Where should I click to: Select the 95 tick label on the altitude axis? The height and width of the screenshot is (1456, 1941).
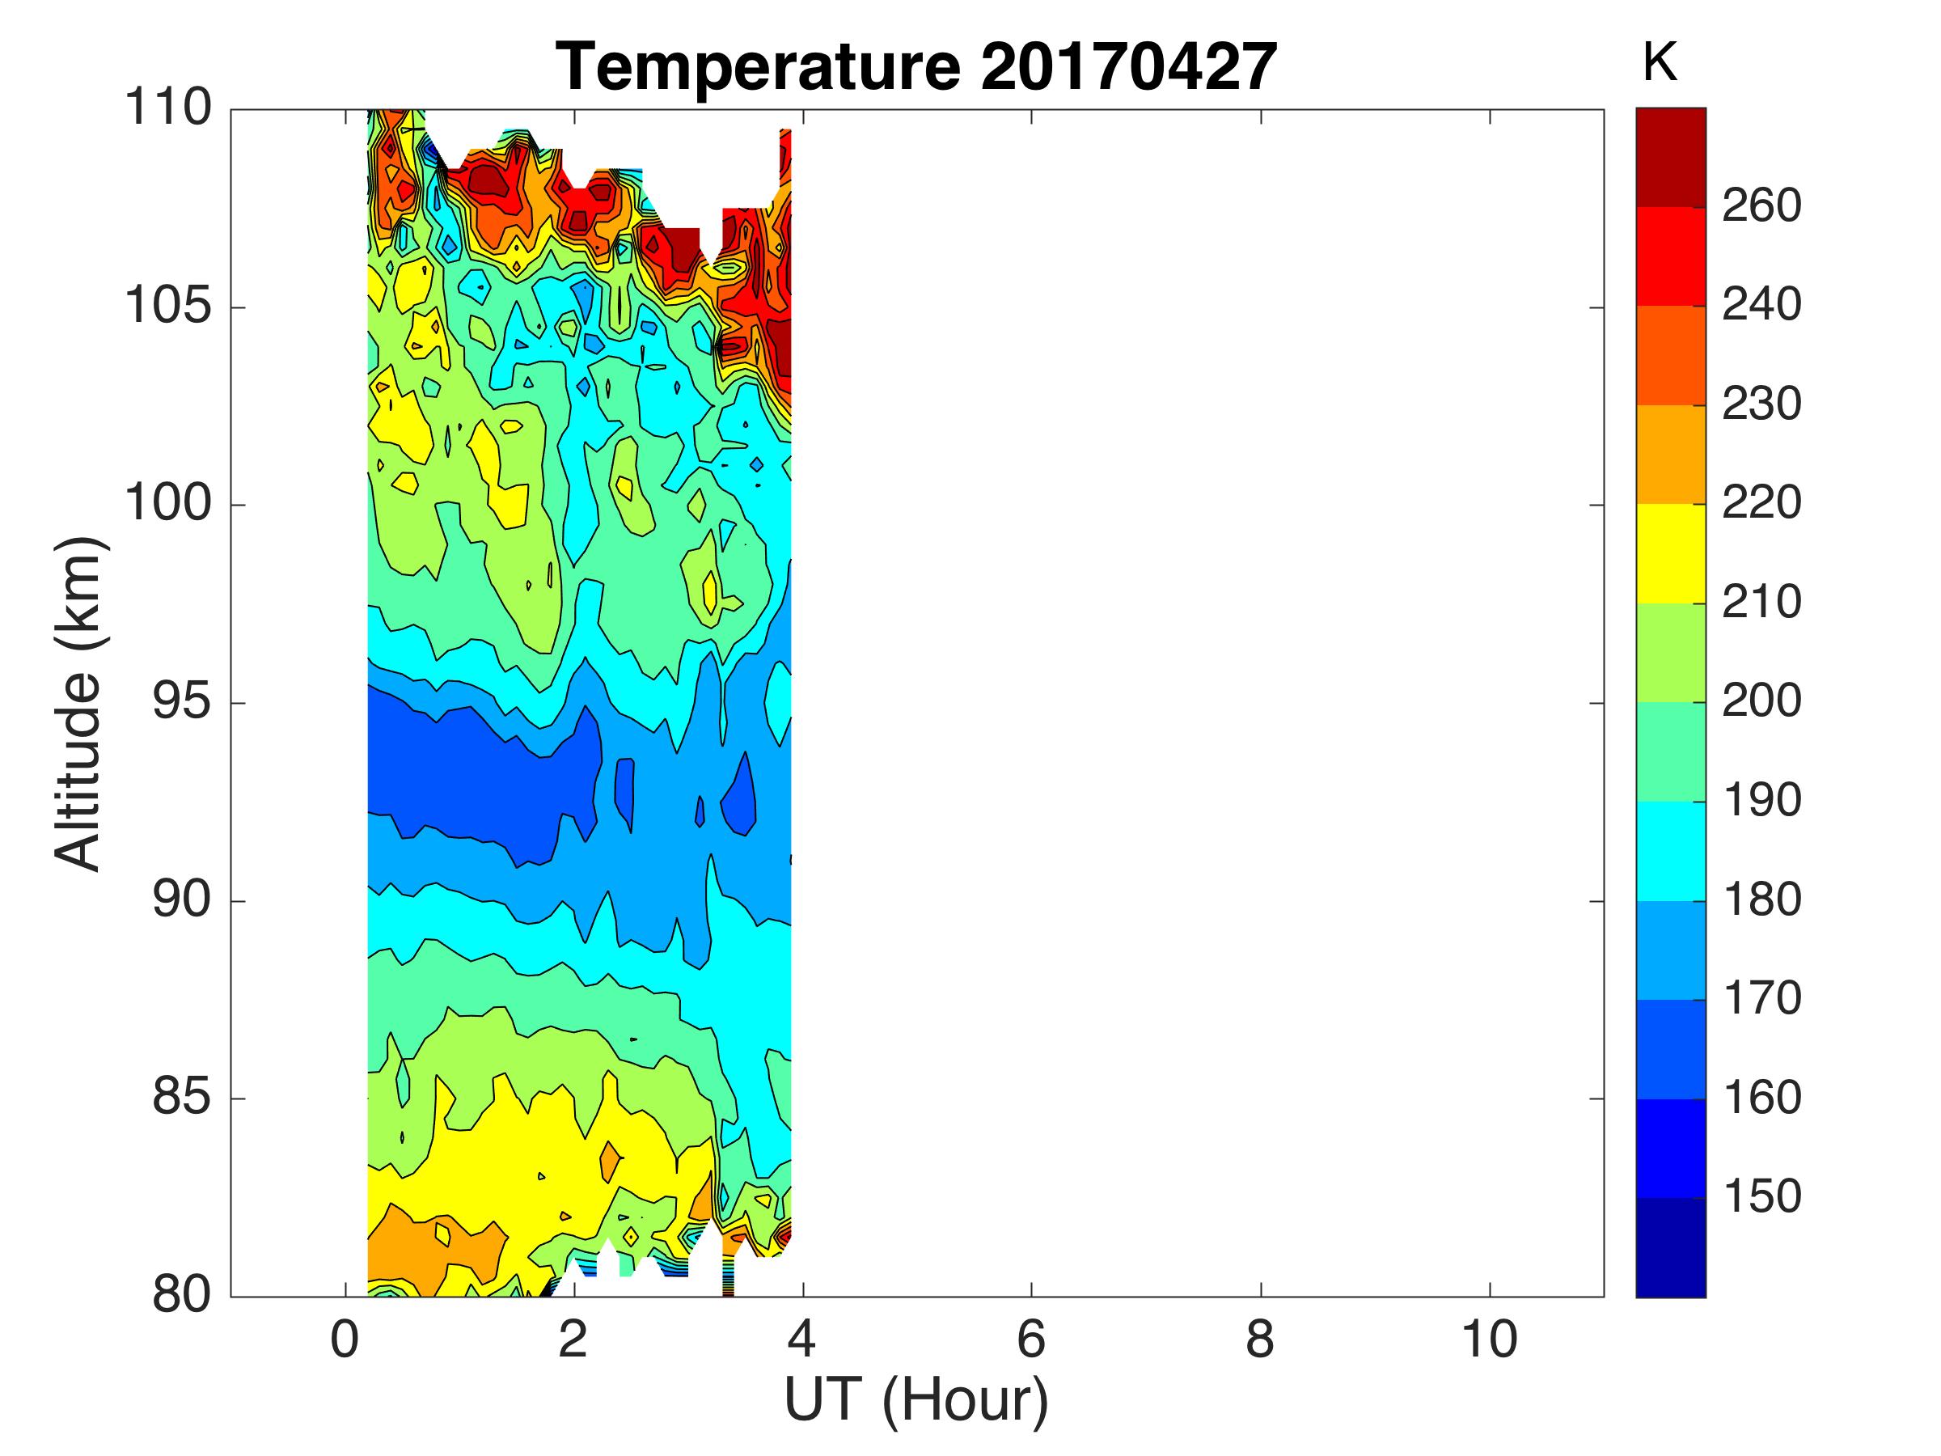click(x=182, y=703)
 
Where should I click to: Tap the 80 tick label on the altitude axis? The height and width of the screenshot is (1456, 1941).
click(x=182, y=1294)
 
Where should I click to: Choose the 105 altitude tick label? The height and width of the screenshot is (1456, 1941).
click(x=167, y=307)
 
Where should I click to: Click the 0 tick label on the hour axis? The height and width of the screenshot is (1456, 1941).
click(x=344, y=1340)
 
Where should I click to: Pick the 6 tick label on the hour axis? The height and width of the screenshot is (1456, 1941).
click(x=1031, y=1340)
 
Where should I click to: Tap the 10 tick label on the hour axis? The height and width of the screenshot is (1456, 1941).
click(x=1489, y=1340)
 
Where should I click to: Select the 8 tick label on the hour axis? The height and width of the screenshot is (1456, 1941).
click(x=1260, y=1340)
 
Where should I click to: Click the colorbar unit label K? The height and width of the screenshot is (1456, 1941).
click(x=1660, y=63)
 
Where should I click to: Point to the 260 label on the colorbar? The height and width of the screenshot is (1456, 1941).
click(x=1761, y=206)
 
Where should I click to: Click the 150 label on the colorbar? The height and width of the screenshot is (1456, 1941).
click(x=1761, y=1196)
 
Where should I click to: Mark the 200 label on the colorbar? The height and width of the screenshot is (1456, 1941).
click(x=1761, y=701)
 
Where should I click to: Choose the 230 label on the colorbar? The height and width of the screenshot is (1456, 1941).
click(x=1761, y=404)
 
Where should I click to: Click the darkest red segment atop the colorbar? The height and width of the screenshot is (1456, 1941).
click(x=1671, y=157)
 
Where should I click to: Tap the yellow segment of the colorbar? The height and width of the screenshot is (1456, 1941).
click(x=1671, y=553)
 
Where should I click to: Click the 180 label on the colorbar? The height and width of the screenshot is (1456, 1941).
click(x=1761, y=899)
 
